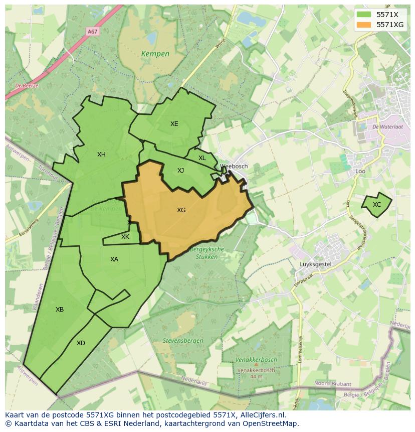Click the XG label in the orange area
181,210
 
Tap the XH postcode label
101,155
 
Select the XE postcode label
174,124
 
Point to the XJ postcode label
180,171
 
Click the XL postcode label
202,158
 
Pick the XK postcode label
125,237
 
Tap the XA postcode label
114,259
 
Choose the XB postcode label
60,310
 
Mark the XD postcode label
81,343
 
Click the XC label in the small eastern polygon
377,205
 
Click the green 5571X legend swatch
364,15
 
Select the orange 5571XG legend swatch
364,25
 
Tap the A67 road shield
92,31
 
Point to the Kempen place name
155,54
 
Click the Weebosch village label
234,166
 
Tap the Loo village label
360,171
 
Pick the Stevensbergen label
183,341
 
